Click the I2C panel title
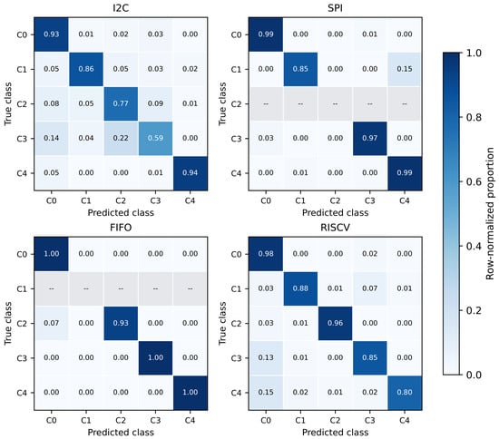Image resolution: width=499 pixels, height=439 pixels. [x=121, y=8]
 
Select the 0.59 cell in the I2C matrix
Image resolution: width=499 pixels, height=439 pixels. [x=155, y=139]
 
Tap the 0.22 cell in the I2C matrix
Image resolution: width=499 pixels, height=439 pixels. [x=121, y=139]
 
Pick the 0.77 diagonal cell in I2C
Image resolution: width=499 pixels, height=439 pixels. [x=121, y=103]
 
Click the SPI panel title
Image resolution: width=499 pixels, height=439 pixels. [x=335, y=8]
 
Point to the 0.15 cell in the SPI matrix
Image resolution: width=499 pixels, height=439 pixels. [x=405, y=69]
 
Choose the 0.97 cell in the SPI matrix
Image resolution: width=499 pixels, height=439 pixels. [x=370, y=139]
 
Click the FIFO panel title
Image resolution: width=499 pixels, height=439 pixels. [x=121, y=228]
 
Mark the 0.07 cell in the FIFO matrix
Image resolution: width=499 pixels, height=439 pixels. [x=51, y=323]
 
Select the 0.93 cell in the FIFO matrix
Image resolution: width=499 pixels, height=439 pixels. [x=121, y=323]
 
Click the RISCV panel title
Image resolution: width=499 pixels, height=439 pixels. [x=335, y=228]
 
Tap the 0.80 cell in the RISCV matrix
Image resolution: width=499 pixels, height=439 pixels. [x=405, y=393]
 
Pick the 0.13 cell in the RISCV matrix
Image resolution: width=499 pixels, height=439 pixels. [x=266, y=358]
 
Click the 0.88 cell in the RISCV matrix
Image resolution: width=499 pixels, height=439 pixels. [x=300, y=288]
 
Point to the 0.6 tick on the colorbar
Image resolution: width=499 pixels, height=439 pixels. [x=462, y=181]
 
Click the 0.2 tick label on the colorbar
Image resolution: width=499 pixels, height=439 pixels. [x=474, y=310]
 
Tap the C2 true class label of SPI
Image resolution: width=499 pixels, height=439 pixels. [x=236, y=104]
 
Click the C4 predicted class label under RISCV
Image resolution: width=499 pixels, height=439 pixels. [x=405, y=421]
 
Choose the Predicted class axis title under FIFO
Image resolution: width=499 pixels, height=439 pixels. [x=121, y=433]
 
